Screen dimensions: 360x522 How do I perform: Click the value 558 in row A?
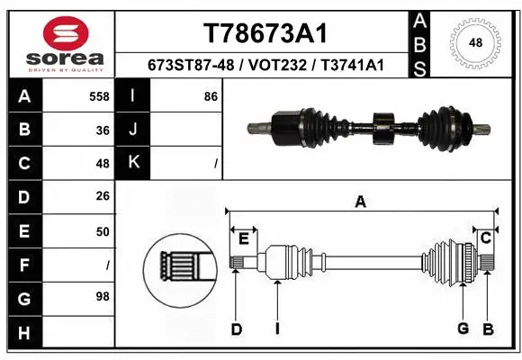[100, 95]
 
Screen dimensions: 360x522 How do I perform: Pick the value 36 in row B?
[103, 129]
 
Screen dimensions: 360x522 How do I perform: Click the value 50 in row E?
[103, 231]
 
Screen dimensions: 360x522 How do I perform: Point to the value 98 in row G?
[103, 296]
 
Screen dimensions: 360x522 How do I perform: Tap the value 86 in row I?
[211, 95]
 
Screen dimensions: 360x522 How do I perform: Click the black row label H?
[23, 332]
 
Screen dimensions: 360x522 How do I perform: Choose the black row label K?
[134, 163]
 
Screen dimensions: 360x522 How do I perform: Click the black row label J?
[134, 130]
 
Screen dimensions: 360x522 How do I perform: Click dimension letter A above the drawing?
[360, 202]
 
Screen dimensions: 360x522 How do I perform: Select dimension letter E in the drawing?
[243, 238]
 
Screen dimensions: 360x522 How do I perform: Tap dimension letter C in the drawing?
[485, 238]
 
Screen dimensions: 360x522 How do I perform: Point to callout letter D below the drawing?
[236, 329]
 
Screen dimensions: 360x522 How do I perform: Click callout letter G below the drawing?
[463, 328]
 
